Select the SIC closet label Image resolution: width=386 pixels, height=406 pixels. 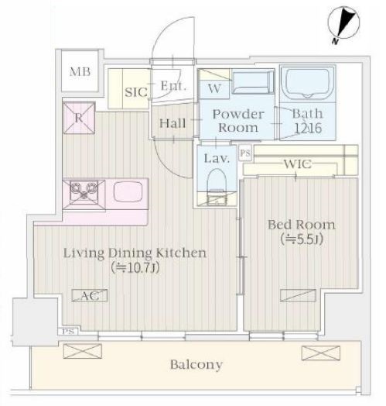click(x=136, y=91)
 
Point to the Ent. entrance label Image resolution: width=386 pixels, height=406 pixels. click(x=173, y=86)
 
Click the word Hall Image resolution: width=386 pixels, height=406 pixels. click(x=173, y=123)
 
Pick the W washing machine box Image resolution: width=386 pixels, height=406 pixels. click(x=215, y=88)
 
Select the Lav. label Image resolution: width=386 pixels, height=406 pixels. click(x=214, y=158)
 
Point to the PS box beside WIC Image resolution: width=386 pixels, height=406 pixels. click(x=245, y=153)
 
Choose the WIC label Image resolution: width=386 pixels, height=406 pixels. click(x=297, y=164)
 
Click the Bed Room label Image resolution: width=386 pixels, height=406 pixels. click(x=301, y=225)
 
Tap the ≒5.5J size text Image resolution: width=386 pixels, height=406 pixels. click(x=301, y=240)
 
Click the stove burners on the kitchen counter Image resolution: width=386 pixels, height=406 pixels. click(x=81, y=190)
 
